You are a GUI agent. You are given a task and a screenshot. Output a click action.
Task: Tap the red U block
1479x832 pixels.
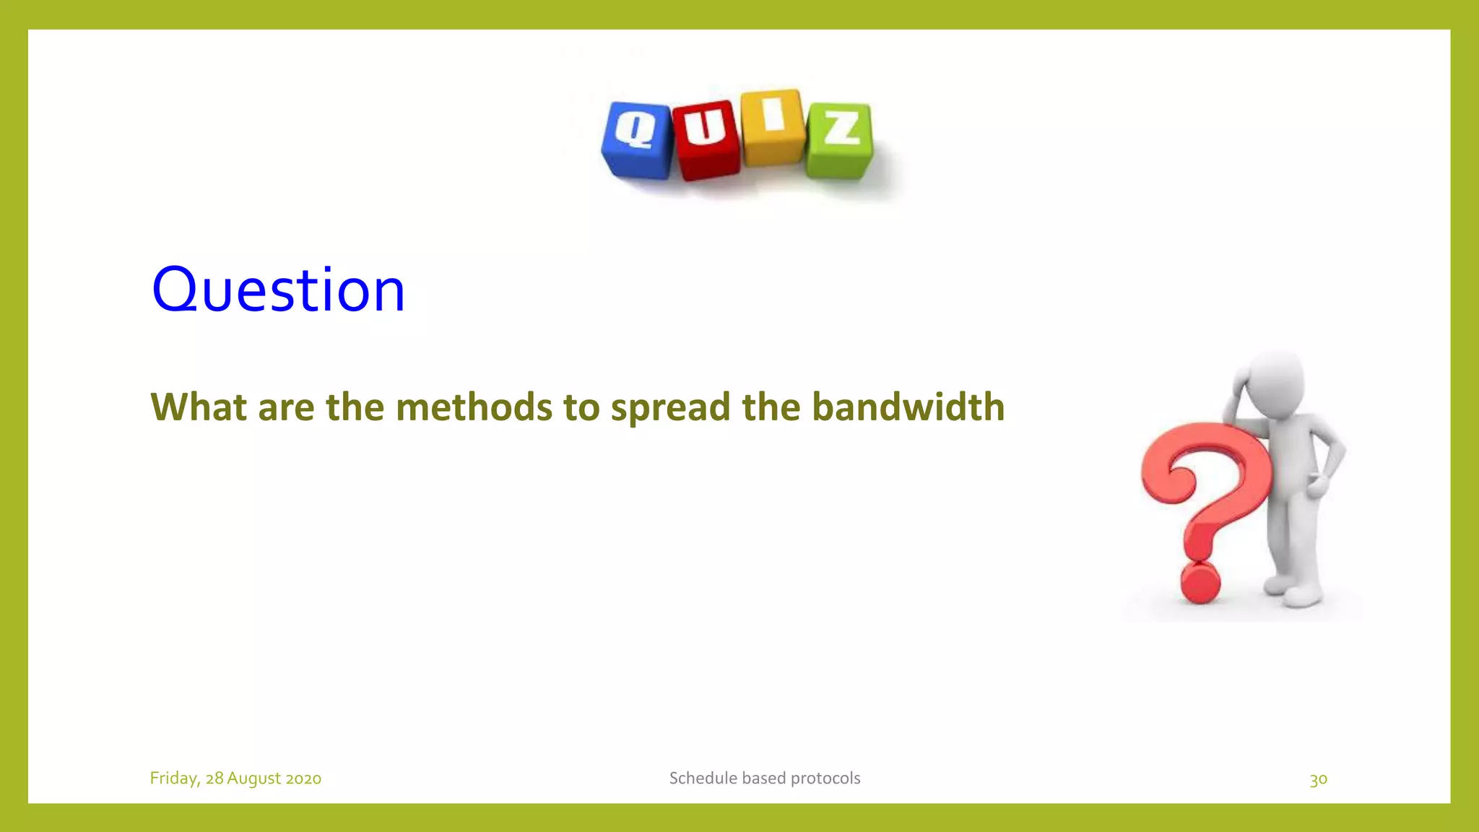[x=706, y=139]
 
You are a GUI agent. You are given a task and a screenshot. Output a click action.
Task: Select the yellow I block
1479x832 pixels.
[x=773, y=127]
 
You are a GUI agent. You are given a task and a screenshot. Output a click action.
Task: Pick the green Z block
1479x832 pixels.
[x=840, y=140]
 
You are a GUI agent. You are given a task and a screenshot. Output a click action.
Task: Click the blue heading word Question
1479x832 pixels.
[x=278, y=290]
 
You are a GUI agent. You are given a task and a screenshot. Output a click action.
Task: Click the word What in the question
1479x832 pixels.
[x=198, y=407]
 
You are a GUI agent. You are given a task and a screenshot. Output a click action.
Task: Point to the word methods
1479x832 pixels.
[x=474, y=407]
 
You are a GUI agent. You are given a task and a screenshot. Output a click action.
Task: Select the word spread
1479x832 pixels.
[x=670, y=408]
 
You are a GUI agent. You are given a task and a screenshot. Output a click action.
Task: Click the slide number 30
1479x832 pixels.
[x=1318, y=779]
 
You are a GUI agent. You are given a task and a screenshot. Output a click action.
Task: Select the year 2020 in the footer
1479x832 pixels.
[x=303, y=779]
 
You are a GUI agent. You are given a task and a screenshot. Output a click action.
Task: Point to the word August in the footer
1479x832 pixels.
[x=253, y=779]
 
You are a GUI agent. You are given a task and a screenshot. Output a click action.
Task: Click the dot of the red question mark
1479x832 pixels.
[x=1200, y=581]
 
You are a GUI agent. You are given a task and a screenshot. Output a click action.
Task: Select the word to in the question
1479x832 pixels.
[x=581, y=407]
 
